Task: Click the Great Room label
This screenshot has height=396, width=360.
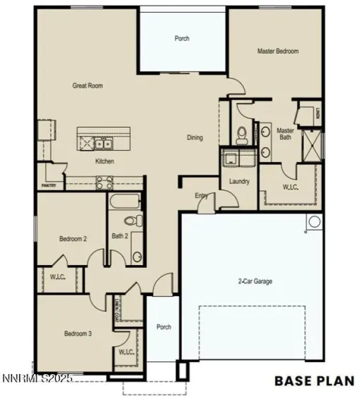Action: click(88, 86)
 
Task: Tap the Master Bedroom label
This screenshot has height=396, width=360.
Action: click(277, 51)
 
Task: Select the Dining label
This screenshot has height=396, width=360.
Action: click(194, 137)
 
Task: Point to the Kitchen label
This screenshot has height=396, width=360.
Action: click(105, 161)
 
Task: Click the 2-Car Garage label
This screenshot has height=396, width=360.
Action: click(255, 281)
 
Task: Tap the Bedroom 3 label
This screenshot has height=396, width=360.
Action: click(78, 333)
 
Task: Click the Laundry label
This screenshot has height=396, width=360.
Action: click(239, 181)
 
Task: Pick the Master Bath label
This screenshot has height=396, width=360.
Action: click(285, 134)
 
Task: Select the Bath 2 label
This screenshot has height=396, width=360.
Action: click(120, 236)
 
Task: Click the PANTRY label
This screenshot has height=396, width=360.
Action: click(49, 186)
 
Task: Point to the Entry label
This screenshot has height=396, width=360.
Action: click(201, 196)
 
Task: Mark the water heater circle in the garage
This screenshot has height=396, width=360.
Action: click(313, 223)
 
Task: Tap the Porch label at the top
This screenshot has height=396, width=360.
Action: click(182, 38)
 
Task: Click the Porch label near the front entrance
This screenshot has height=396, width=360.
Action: click(163, 327)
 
